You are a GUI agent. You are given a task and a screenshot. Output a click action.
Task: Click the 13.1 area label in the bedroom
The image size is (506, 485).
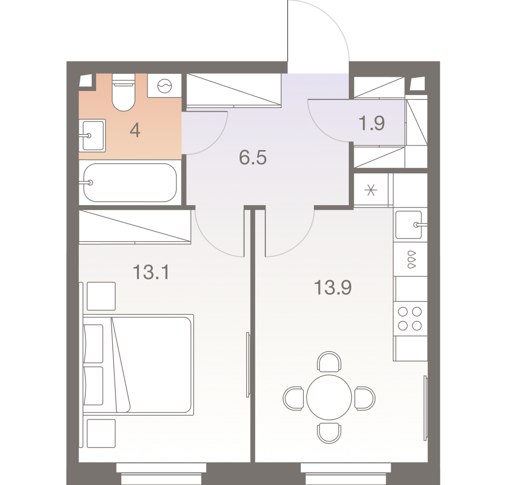pyautogui.click(x=151, y=272)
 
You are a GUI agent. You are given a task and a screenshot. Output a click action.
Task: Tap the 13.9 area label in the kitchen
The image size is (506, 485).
pyautogui.click(x=333, y=287)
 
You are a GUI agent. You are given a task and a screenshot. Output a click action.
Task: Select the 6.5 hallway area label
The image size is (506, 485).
pyautogui.click(x=253, y=158)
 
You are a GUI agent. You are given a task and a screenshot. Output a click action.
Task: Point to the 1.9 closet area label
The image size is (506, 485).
pyautogui.click(x=372, y=123)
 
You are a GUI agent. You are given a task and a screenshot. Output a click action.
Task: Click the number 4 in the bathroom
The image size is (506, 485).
pyautogui.click(x=135, y=131)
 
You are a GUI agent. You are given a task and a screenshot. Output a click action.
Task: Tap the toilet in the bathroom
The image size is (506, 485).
pyautogui.click(x=123, y=92)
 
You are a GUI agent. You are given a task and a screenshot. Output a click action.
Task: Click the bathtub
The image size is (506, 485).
pyautogui.click(x=130, y=182)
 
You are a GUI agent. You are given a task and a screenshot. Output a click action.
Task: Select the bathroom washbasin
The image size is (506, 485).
pyautogui.click(x=93, y=135)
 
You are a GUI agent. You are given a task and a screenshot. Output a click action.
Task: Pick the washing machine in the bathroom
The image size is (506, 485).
pyautogui.click(x=165, y=85)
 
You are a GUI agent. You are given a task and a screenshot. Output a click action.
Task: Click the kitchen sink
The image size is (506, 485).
pyautogui.click(x=409, y=225)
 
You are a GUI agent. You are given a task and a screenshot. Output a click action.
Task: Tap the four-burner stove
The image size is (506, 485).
pyautogui.click(x=410, y=319)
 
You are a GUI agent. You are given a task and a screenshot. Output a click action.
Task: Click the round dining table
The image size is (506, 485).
pyautogui.click(x=329, y=397)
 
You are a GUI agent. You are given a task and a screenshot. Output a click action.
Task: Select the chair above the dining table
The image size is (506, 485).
pyautogui.click(x=329, y=361)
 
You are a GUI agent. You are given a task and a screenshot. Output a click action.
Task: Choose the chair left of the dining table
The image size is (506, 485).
pyautogui.click(x=293, y=399)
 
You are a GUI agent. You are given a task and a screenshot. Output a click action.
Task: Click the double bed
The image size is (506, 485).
pyautogui.click(x=139, y=365)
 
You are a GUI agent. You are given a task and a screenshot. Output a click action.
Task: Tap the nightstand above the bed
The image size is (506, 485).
pyautogui.click(x=101, y=296)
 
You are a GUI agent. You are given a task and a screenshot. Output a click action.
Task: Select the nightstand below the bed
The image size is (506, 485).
pyautogui.click(x=101, y=433)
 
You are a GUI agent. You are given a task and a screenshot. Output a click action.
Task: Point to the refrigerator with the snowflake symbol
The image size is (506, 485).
pyautogui.click(x=371, y=190)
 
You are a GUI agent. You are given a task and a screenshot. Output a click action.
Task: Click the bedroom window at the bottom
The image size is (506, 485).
pyautogui.click(x=161, y=473)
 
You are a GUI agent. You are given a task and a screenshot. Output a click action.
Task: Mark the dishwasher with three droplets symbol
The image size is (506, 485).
pyautogui.click(x=410, y=259)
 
